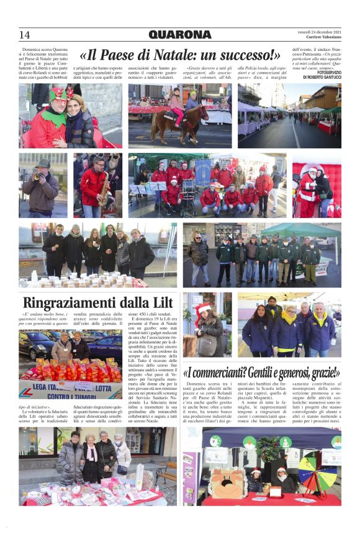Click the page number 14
(x=24, y=35)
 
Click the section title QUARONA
(x=180, y=35)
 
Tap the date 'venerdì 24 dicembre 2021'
(x=319, y=31)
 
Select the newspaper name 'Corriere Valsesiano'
(x=323, y=38)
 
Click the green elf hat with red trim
(x=58, y=94)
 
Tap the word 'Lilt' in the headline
(x=160, y=303)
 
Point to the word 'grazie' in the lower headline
(x=322, y=373)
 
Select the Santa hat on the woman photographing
(x=202, y=308)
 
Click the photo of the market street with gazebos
(x=289, y=115)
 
